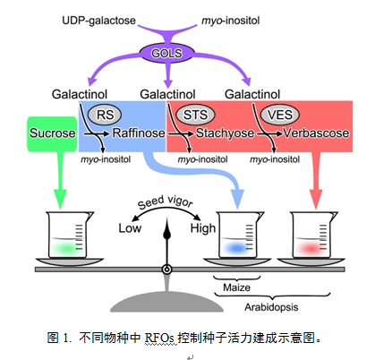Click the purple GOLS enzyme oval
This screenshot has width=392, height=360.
pos(166,53)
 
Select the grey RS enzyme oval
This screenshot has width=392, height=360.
pos(105,115)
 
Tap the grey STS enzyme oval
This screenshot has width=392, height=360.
pos(195,115)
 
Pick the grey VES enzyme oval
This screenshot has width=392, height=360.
pos(279,115)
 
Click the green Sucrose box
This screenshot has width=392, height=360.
pos(52,134)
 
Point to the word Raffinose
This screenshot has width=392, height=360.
pos(139,133)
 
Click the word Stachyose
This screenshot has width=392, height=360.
pos(225,133)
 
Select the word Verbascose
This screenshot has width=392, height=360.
pos(316,133)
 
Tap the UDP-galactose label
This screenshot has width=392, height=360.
pos(98,21)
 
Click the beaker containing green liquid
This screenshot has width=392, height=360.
pos(70,235)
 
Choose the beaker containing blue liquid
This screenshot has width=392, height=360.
pos(240,235)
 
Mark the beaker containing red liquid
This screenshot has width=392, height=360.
pos(313,235)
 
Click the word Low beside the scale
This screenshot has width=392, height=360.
pos(130,228)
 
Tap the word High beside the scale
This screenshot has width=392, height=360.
pos(203,228)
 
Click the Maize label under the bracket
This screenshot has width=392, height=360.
pos(236,287)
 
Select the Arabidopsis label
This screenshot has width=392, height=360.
pos(271,307)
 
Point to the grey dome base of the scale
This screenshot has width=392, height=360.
pos(166,303)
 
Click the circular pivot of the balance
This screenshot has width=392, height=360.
pos(167,270)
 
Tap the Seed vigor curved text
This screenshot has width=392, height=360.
pos(165,201)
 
